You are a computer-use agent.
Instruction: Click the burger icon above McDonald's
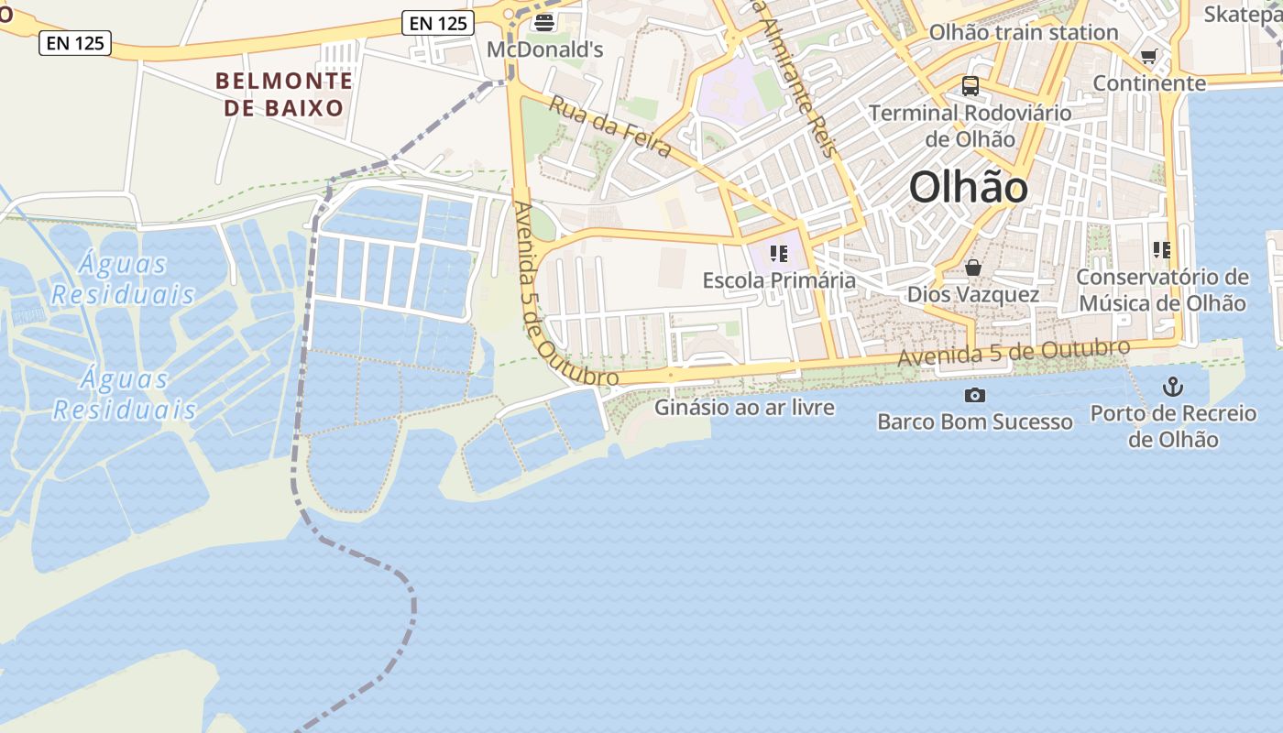[x=544, y=22]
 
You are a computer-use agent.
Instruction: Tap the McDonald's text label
[x=544, y=49]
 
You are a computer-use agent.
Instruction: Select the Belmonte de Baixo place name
[x=284, y=94]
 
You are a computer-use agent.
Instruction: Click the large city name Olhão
[x=969, y=188]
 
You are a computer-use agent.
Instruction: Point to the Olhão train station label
[x=1024, y=33]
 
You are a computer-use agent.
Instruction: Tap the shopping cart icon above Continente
[x=1148, y=57]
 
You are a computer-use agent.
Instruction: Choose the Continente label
[x=1149, y=83]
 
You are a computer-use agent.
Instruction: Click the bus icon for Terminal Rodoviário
[x=970, y=87]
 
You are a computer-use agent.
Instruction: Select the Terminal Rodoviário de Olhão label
[x=970, y=126]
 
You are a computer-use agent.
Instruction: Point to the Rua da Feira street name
[x=609, y=126]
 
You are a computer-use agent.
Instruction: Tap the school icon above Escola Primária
[x=779, y=254]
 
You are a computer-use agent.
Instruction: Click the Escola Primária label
[x=779, y=280]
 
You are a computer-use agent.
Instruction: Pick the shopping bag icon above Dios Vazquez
[x=973, y=268]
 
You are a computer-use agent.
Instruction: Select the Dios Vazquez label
[x=973, y=294]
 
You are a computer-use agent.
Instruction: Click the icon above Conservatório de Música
[x=1162, y=250]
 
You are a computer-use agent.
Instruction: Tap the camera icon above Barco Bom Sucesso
[x=975, y=396]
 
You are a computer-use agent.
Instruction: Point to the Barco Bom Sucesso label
[x=975, y=422]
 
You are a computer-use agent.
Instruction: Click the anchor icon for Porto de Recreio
[x=1173, y=387]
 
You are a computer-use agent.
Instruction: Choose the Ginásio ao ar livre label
[x=744, y=408]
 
